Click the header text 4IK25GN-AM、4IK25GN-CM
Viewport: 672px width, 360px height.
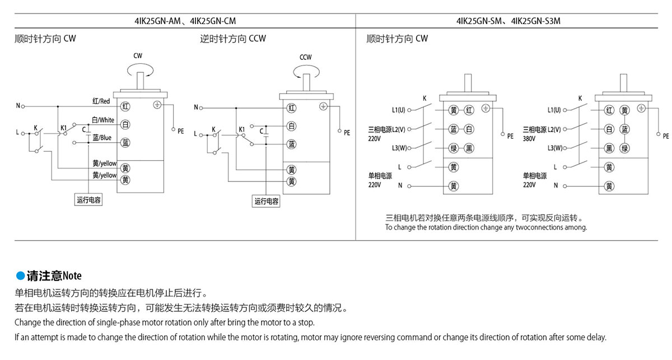185,21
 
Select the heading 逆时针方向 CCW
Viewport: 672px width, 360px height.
234,39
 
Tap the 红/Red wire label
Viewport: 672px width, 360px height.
101,101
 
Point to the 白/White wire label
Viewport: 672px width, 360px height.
103,120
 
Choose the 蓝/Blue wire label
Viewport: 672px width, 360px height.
102,138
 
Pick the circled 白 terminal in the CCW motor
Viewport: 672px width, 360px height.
292,126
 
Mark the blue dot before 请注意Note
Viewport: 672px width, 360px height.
20,275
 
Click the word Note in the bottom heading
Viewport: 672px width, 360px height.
72,276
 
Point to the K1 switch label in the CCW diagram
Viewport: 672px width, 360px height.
242,129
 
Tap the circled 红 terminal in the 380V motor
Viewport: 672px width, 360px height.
609,110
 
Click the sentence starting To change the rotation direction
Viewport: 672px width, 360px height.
486,228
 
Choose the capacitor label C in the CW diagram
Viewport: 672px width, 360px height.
83,129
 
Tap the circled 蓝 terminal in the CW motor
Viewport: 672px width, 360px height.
125,143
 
